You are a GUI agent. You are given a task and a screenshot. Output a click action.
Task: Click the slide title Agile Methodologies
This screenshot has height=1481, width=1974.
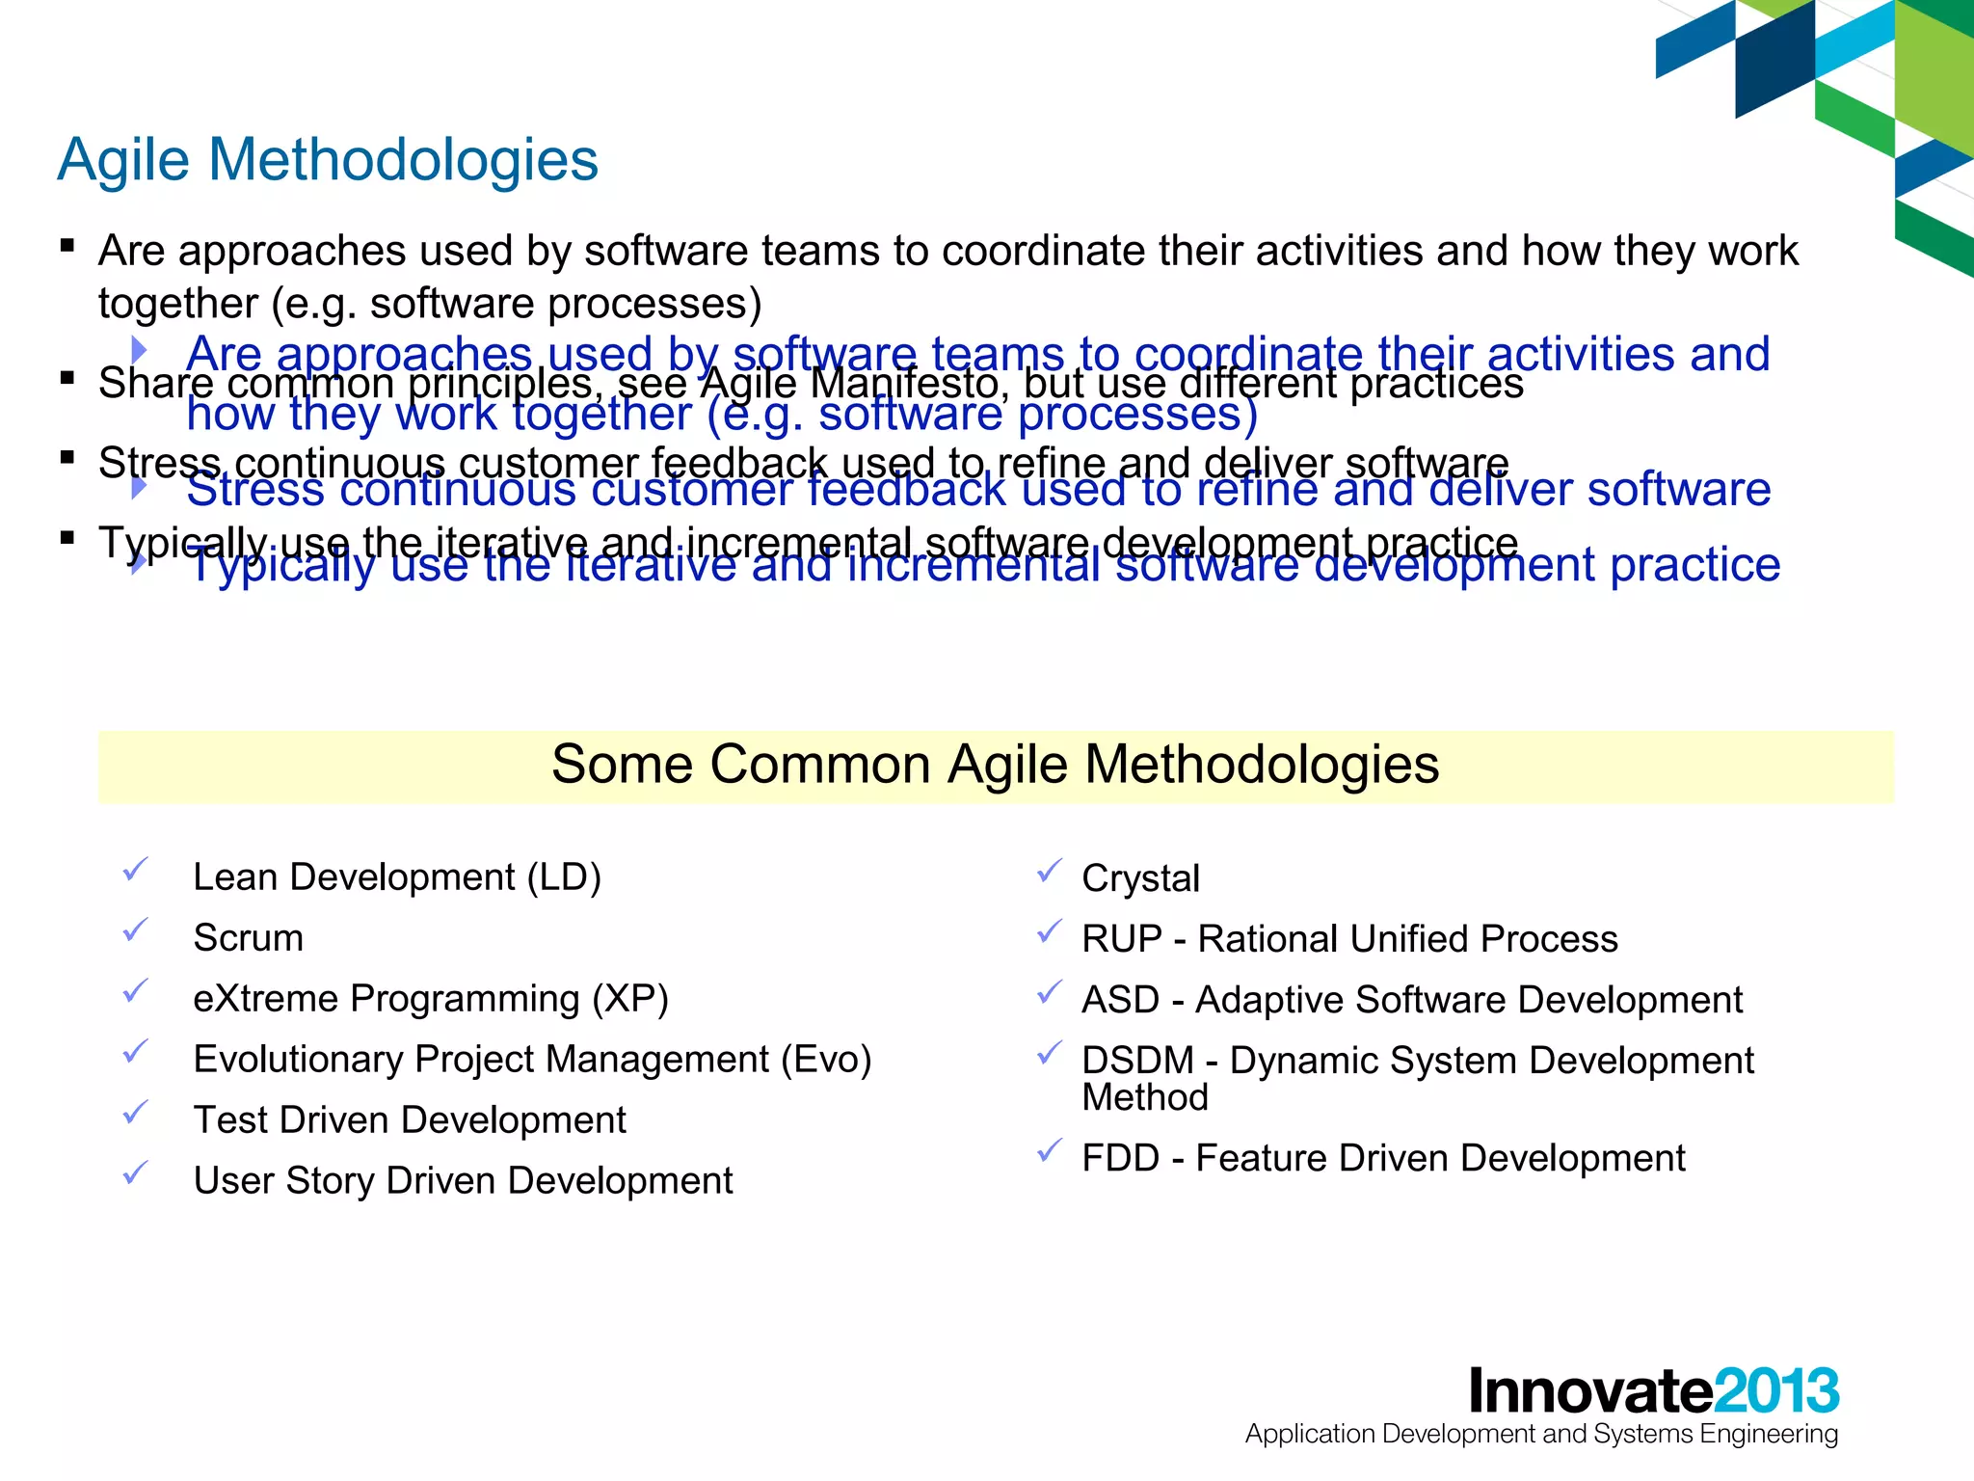pos(328,159)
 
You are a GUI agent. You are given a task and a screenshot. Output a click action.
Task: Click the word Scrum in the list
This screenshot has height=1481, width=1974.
pos(248,938)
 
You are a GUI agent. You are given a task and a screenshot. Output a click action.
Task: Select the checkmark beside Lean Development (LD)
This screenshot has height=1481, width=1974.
pos(135,870)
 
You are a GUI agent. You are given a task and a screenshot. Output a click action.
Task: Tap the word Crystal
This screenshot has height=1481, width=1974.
pos(1140,878)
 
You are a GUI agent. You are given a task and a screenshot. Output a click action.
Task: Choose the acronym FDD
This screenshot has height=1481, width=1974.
pos(1120,1158)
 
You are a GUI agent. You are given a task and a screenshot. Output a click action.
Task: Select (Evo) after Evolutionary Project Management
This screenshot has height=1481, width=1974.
pos(826,1060)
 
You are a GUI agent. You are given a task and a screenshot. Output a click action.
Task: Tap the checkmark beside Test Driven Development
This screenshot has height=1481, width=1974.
pos(135,1113)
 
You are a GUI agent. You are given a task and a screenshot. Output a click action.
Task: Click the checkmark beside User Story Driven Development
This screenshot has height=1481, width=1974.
pos(135,1173)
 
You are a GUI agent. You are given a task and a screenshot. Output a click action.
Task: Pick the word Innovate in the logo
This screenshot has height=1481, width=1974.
pos(1590,1391)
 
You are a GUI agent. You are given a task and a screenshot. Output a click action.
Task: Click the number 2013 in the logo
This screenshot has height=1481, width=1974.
pos(1776,1391)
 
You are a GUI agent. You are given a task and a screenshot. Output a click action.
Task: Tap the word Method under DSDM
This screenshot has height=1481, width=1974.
pos(1144,1098)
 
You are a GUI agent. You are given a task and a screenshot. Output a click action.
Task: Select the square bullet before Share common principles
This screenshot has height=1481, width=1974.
pos(67,377)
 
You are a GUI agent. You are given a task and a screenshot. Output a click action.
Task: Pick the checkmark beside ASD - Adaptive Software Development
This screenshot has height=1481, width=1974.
pos(1049,992)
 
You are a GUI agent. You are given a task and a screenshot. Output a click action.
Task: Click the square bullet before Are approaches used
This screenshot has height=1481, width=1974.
pos(67,245)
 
